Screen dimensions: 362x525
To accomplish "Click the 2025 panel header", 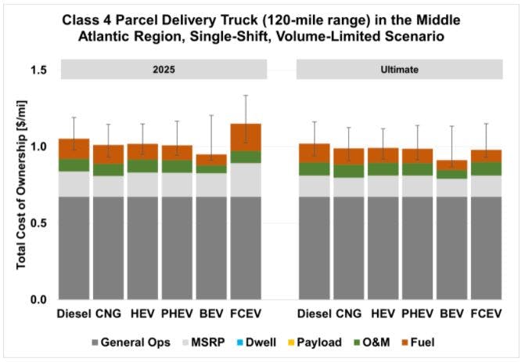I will [x=164, y=70].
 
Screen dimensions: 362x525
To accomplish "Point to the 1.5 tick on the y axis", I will [x=38, y=71].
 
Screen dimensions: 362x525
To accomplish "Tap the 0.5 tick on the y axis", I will [x=38, y=223].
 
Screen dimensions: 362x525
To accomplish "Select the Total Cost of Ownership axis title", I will [x=21, y=185].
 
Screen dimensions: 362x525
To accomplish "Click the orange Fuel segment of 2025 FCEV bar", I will [x=245, y=137].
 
